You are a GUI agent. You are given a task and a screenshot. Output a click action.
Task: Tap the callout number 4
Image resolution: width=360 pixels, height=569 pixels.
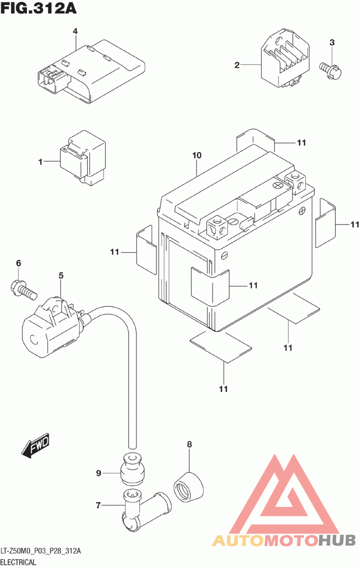click(x=75, y=31)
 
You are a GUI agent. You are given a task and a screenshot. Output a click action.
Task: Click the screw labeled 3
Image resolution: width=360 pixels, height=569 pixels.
click(x=331, y=68)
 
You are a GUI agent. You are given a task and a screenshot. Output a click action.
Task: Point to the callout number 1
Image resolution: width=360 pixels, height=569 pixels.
click(x=40, y=161)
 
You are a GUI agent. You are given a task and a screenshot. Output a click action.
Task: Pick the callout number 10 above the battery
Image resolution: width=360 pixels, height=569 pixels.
click(x=197, y=156)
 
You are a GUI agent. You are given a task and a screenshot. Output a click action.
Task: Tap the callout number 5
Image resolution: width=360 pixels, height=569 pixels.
click(x=61, y=275)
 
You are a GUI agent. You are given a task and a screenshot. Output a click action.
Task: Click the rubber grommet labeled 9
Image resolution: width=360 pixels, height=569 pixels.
click(x=132, y=471)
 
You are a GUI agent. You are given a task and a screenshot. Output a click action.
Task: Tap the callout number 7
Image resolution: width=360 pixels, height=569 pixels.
click(x=98, y=506)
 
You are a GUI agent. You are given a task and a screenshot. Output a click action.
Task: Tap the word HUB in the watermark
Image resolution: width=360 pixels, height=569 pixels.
click(x=337, y=540)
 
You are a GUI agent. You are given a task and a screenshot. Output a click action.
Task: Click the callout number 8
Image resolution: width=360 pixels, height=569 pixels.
click(x=189, y=444)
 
